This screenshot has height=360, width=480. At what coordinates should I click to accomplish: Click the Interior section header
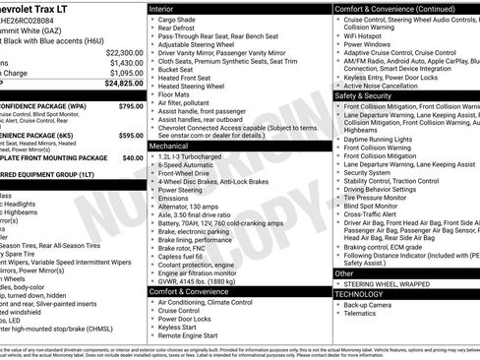pyautogui.click(x=168, y=7)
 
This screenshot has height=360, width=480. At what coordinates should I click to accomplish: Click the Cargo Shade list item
pyautogui.click(x=178, y=19)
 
